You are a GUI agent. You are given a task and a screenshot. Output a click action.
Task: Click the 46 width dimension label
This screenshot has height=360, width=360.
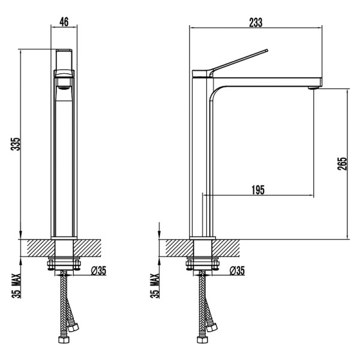click(x=64, y=22)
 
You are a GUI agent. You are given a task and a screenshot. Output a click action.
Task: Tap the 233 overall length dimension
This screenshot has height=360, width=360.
click(x=256, y=22)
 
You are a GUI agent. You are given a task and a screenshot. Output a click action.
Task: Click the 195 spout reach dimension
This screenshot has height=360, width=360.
click(x=257, y=190)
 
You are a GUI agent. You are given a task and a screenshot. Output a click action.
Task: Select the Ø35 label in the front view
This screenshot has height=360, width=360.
click(x=98, y=271)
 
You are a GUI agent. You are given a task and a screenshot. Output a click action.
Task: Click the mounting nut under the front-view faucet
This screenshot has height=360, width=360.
click(x=64, y=263)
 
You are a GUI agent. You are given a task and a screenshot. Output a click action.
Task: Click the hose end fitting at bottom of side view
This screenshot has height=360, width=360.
click(x=200, y=341)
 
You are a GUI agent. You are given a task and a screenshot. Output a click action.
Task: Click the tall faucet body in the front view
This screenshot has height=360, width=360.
click(x=64, y=162)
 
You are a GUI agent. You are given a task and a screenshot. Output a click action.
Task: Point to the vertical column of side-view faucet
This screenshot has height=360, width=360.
click(x=200, y=162)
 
